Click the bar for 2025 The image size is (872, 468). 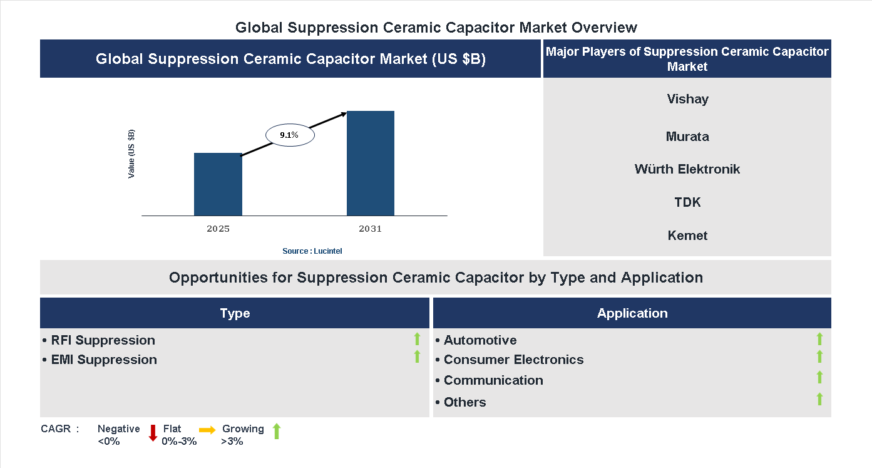point(218,184)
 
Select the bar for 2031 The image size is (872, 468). point(371,164)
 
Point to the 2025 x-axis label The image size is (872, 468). point(218,229)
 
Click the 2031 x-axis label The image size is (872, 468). point(370,229)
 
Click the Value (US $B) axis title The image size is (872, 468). point(131,154)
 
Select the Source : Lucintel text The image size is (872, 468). point(312,251)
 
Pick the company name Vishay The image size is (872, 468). point(687,99)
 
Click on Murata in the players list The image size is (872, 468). point(687,137)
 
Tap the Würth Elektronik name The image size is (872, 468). point(687,169)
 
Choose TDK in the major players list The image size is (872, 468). point(687,202)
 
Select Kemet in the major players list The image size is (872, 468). point(687,236)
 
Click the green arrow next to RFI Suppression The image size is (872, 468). point(417,340)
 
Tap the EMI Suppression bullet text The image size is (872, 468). point(104,360)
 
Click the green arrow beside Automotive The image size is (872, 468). point(819,340)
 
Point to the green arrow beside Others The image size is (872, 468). point(819,399)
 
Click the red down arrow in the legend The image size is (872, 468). point(153,433)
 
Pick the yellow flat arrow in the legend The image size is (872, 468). point(207,430)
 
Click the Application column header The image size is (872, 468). point(632,313)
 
